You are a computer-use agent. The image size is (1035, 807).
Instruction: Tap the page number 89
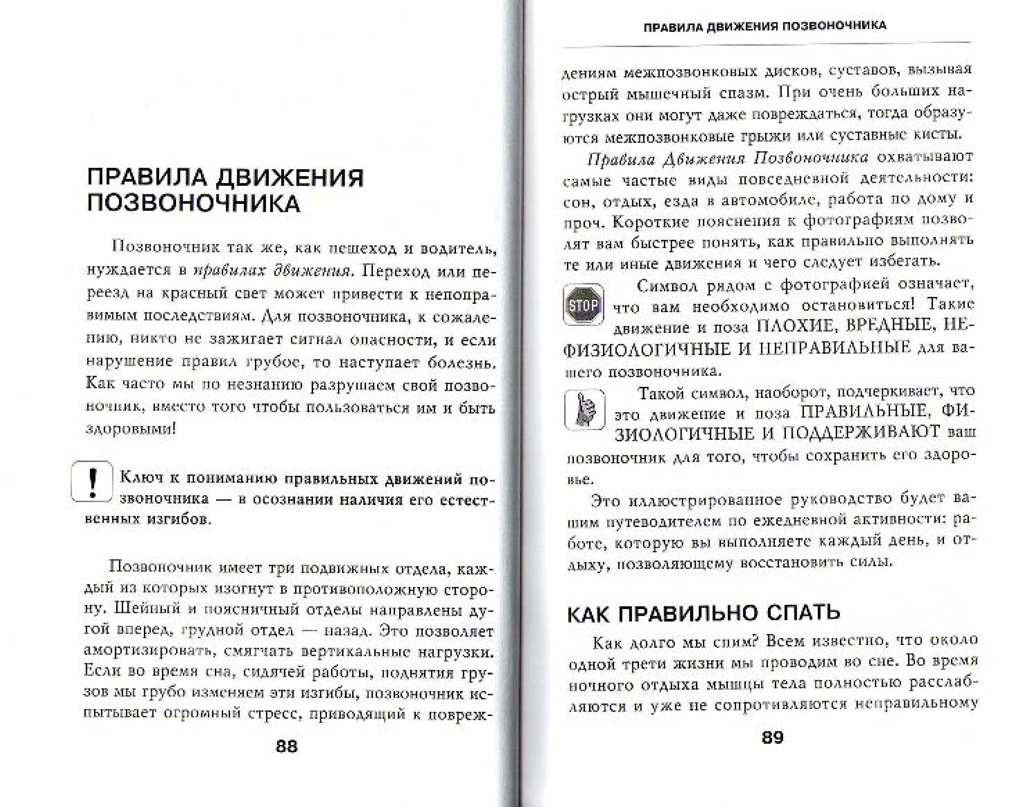[772, 738]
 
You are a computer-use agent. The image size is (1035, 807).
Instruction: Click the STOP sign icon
[583, 305]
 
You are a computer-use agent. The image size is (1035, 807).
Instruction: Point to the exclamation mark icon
[92, 481]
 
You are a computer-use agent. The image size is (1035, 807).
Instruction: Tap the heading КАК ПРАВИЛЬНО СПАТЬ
[703, 613]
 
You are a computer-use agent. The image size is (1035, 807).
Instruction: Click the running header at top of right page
[764, 26]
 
